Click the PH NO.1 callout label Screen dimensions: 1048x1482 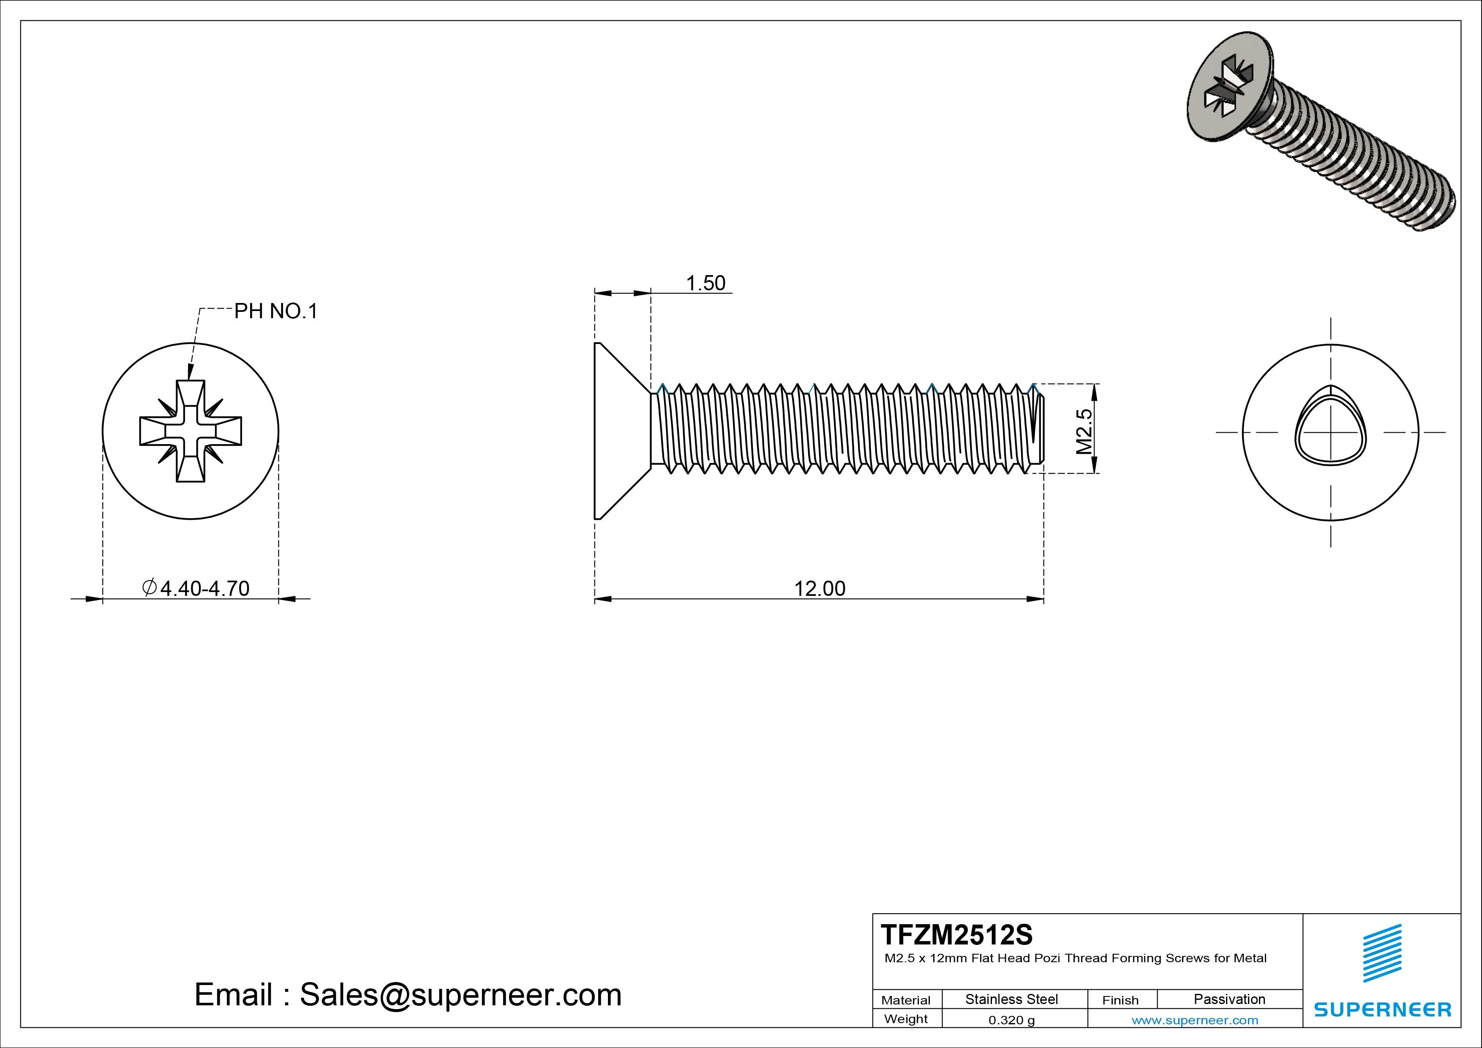pos(275,311)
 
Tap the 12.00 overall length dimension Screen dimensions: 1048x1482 pos(819,588)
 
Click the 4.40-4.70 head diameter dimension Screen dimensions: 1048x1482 pos(196,588)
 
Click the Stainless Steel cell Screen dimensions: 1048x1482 pos(1011,999)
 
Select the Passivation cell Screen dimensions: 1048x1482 pos(1229,999)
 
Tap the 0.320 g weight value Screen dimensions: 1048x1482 pos(1011,1020)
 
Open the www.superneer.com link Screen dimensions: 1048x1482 pos(1195,1020)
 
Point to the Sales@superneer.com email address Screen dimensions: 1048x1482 pos(460,994)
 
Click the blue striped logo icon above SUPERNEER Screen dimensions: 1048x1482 pos(1382,953)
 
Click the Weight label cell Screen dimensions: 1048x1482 pos(906,1019)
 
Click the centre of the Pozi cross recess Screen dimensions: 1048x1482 pos(191,431)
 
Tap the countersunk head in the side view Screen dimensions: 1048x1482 pos(616,431)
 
